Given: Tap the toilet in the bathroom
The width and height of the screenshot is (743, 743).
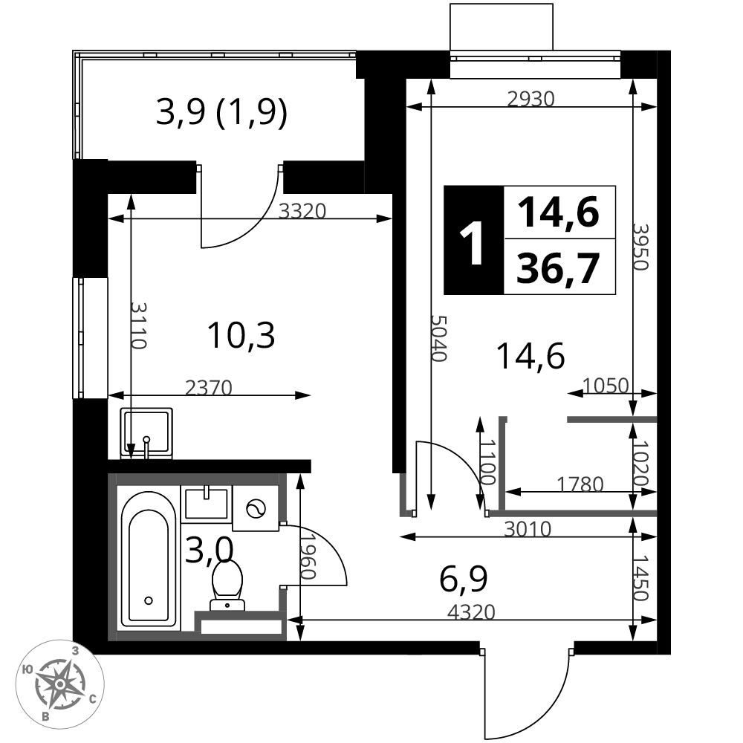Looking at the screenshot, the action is pyautogui.click(x=227, y=585).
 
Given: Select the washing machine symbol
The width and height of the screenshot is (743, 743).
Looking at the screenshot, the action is pyautogui.click(x=256, y=508).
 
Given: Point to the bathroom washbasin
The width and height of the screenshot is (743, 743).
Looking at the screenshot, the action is pyautogui.click(x=206, y=503).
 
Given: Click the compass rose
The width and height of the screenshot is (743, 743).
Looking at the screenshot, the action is pyautogui.click(x=60, y=684).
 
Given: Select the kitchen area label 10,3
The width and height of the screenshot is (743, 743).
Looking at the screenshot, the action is pyautogui.click(x=241, y=335).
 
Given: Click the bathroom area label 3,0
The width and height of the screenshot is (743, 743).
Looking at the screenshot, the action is pyautogui.click(x=209, y=550).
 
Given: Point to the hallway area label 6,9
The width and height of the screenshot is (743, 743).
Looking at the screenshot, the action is pyautogui.click(x=464, y=579).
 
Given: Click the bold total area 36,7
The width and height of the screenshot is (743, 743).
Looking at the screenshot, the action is pyautogui.click(x=558, y=268).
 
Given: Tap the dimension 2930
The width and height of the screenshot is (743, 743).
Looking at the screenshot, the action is pyautogui.click(x=531, y=99).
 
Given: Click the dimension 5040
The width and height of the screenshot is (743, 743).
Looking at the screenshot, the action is pyautogui.click(x=439, y=338).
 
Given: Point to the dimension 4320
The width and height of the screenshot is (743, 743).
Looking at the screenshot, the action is pyautogui.click(x=472, y=612).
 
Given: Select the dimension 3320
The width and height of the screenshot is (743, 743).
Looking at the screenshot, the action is pyautogui.click(x=302, y=211).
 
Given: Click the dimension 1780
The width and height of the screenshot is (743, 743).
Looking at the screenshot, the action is pyautogui.click(x=580, y=484).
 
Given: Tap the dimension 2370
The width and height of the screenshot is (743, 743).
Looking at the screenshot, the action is pyautogui.click(x=209, y=388).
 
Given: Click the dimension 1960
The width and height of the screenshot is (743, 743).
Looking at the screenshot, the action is pyautogui.click(x=308, y=557).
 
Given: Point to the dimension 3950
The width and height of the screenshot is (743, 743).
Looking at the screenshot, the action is pyautogui.click(x=640, y=247).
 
